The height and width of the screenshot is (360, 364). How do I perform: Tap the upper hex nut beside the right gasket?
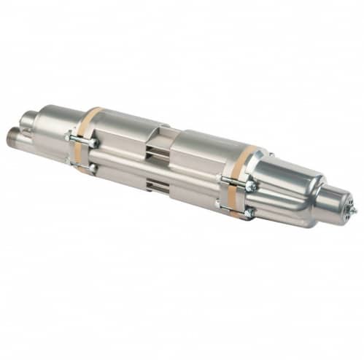pyautogui.click(x=250, y=185)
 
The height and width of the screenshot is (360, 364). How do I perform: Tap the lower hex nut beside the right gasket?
pyautogui.click(x=249, y=213)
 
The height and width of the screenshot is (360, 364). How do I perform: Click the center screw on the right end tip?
pyautogui.click(x=353, y=211)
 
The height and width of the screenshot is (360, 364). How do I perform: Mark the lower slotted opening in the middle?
pyautogui.click(x=155, y=183)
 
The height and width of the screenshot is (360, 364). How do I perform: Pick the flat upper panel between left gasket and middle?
pyautogui.click(x=124, y=131)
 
